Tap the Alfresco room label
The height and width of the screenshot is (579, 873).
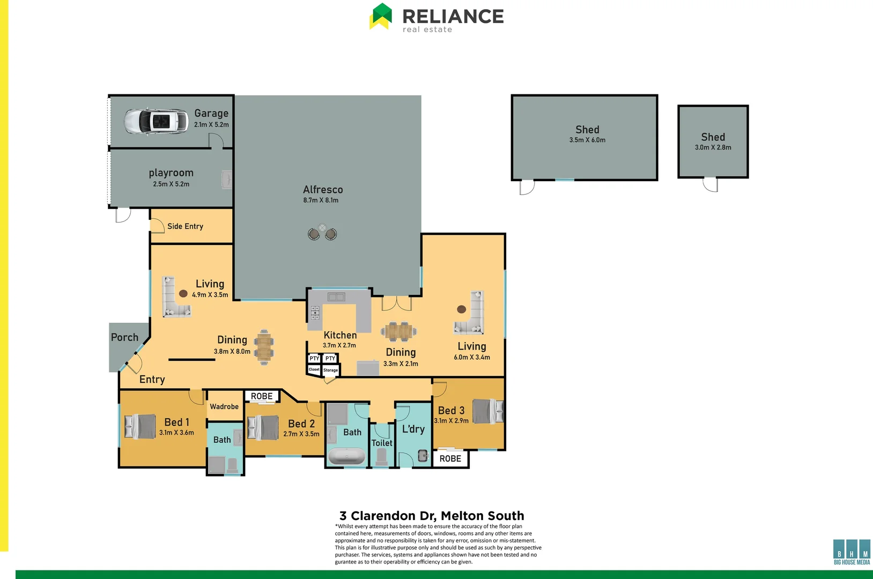point(323,190)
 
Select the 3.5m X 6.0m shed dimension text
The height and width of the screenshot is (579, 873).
point(587,140)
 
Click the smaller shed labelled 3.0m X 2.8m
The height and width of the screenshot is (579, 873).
point(713,142)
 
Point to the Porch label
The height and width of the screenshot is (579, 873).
point(124,337)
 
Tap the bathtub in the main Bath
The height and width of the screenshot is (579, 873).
point(346,456)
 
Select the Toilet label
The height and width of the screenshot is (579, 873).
point(382,443)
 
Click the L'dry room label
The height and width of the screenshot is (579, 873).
point(413,429)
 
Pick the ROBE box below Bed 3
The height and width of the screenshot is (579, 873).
point(450,459)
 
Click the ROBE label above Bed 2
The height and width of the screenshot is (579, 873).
point(262,396)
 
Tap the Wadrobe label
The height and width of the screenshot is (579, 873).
point(224,406)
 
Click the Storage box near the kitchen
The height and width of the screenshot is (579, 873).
point(331,370)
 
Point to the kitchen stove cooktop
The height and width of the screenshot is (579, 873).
point(315,313)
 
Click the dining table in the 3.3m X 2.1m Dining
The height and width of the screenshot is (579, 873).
point(399,332)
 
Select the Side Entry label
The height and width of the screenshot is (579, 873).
point(185,226)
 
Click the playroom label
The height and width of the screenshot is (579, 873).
point(171,173)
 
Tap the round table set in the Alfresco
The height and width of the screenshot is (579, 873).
point(322,232)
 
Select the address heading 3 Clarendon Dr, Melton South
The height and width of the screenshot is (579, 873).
point(432,516)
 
